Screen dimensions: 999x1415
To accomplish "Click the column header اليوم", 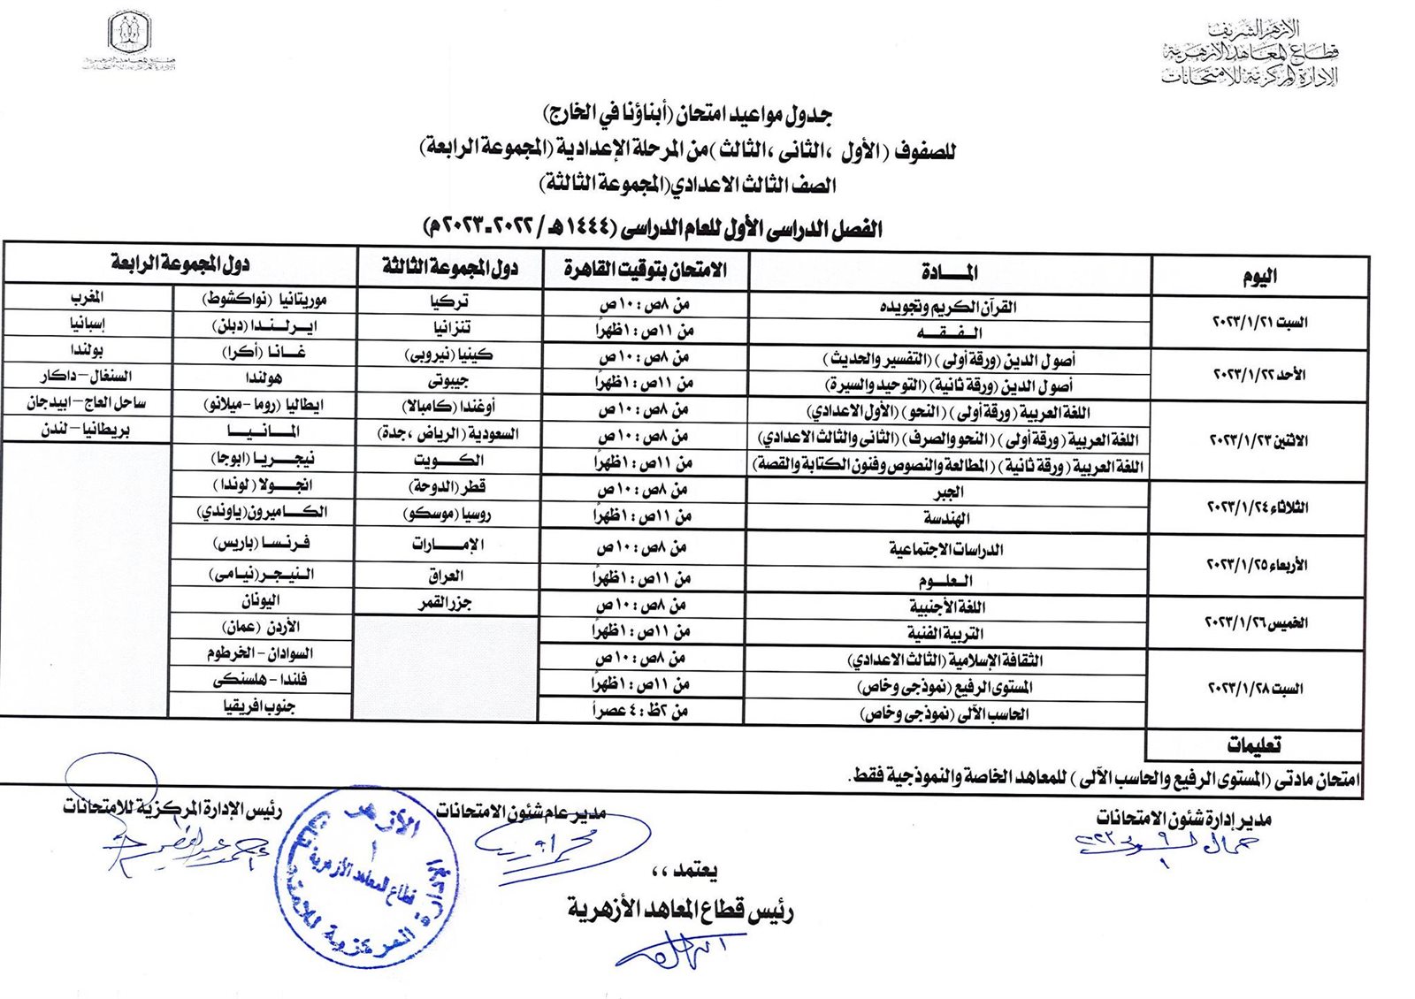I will (1259, 276).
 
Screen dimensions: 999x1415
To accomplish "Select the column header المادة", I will (950, 272).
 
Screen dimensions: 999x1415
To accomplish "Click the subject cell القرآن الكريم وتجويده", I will (949, 307).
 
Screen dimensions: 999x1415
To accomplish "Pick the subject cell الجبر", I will (948, 492).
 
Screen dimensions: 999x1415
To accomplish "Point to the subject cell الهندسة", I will (946, 518).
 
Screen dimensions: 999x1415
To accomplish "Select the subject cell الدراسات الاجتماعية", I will (946, 549).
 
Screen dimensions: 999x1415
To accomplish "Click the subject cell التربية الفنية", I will (945, 633).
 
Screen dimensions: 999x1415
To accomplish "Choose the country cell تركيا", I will (449, 301).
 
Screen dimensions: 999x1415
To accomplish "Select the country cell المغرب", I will (88, 297).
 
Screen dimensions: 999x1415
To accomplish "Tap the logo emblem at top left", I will (130, 34).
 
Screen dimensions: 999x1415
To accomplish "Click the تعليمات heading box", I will (1254, 745).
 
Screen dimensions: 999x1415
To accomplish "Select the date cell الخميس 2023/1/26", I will (1256, 622).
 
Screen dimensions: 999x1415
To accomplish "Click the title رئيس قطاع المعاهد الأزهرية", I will (680, 910).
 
